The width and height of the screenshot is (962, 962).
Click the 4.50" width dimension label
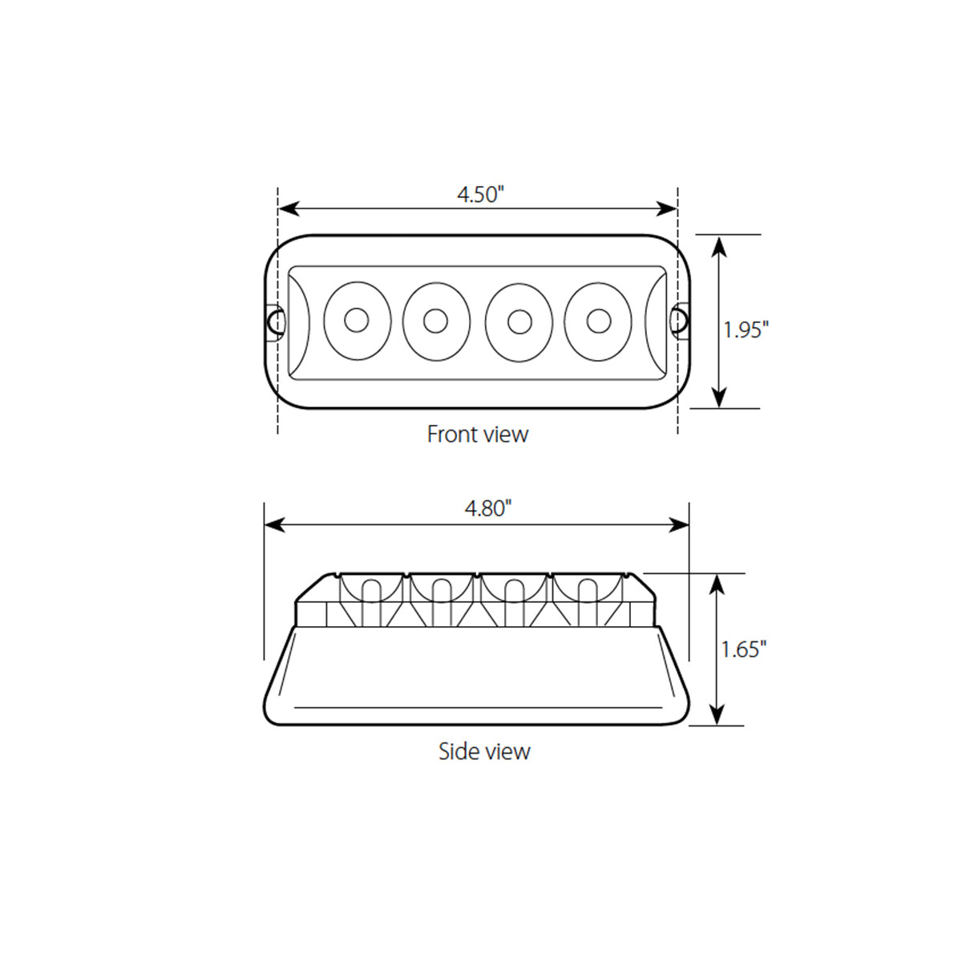click(x=479, y=194)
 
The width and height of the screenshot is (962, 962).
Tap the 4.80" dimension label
click(x=487, y=508)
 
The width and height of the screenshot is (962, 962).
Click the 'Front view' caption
click(x=478, y=435)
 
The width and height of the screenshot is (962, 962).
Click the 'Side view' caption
click(x=484, y=751)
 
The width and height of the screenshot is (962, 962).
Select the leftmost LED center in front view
click(x=356, y=321)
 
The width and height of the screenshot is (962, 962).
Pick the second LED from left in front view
click(x=436, y=321)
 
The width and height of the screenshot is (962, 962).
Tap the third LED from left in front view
click(x=519, y=321)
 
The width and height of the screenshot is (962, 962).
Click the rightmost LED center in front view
click(x=597, y=321)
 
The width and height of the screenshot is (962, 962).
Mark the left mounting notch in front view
click(x=275, y=321)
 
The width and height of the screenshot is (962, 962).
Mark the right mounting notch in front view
click(x=680, y=321)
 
